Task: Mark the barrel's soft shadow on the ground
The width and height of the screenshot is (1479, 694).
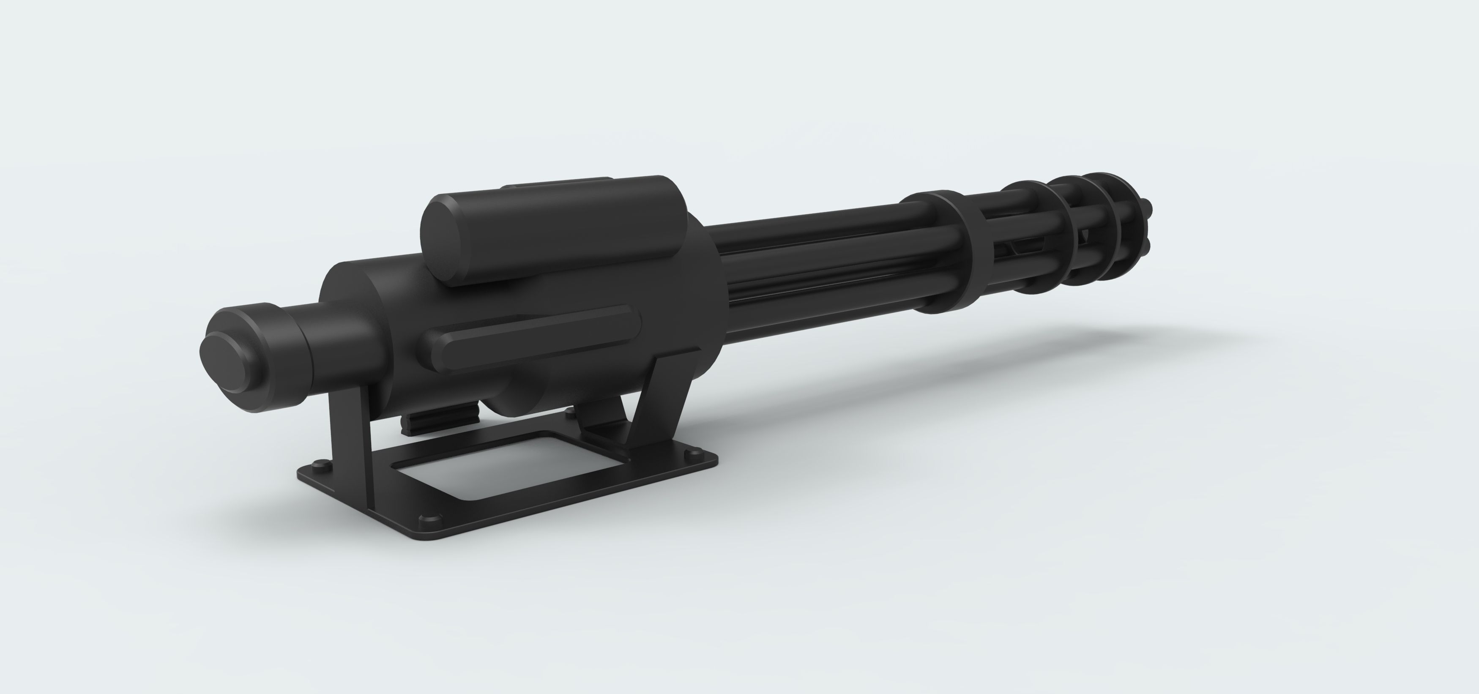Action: click(x=1091, y=356)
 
